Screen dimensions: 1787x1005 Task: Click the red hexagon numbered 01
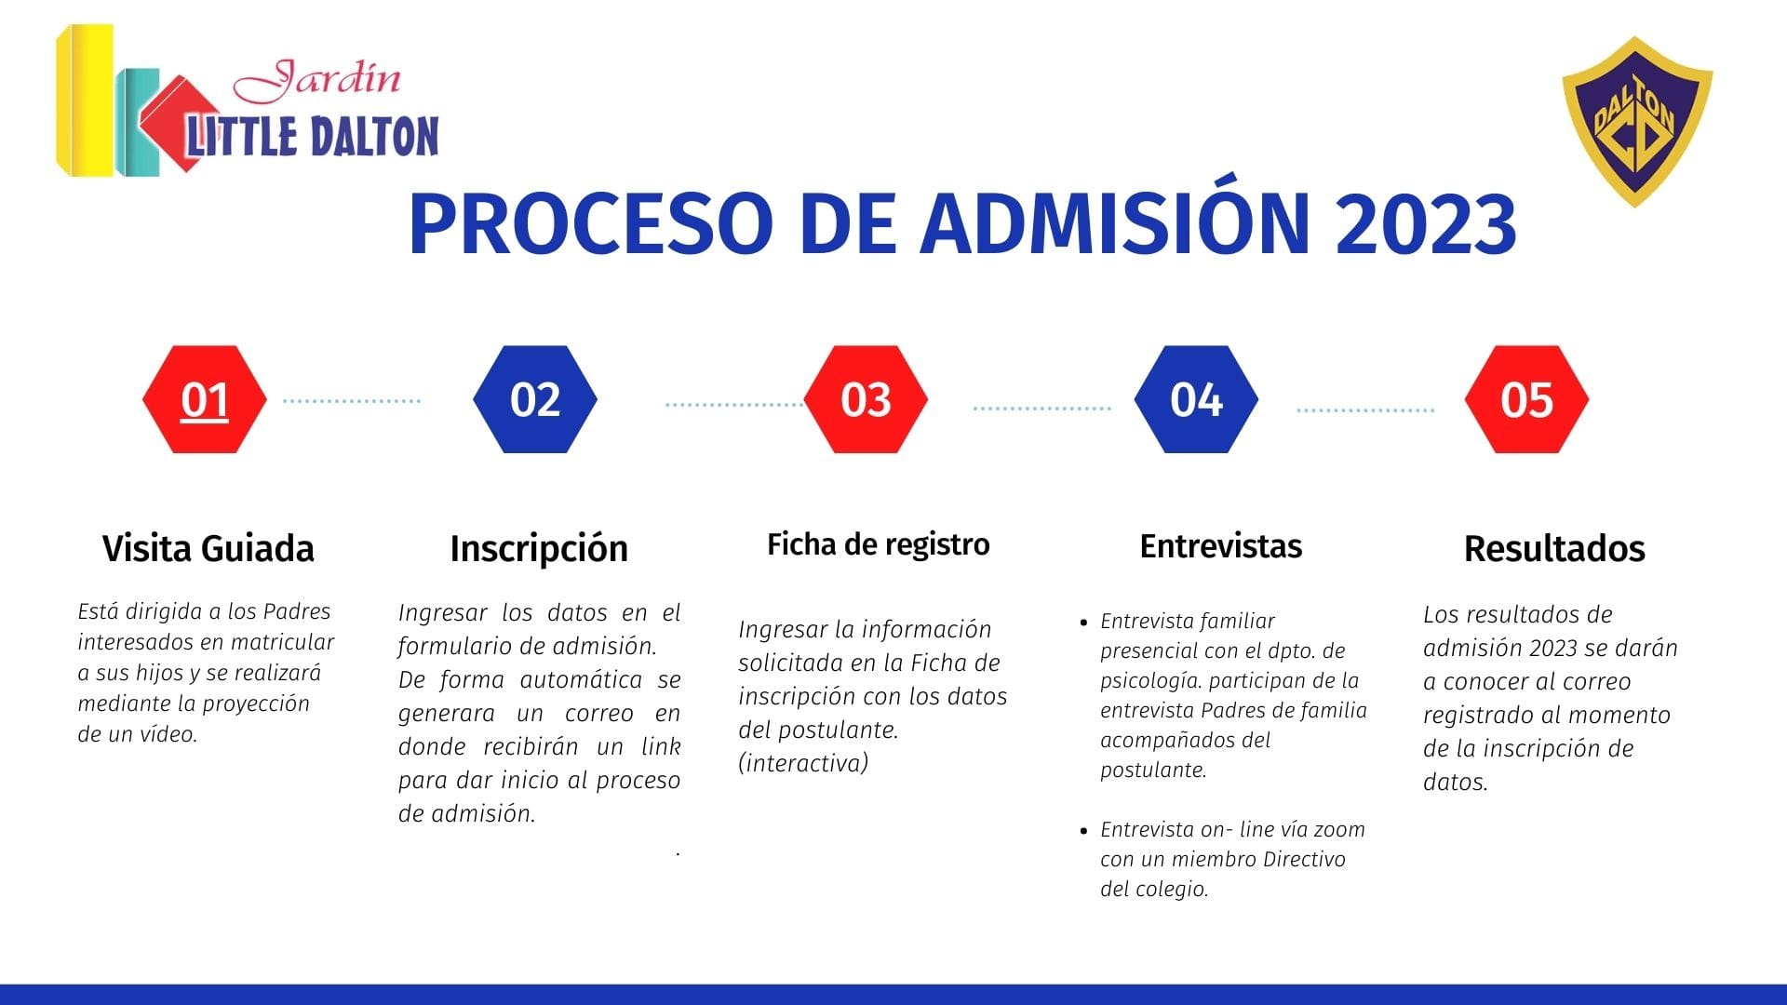point(205,399)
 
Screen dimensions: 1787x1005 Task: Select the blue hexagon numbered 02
point(535,399)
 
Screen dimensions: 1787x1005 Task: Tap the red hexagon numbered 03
point(866,399)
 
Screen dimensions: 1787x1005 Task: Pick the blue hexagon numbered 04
point(1196,399)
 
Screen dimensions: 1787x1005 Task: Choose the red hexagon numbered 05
point(1526,399)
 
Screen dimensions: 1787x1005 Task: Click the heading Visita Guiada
point(208,548)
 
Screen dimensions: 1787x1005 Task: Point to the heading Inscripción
point(539,549)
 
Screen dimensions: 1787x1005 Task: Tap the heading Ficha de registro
point(879,544)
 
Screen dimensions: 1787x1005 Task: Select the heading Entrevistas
point(1221,546)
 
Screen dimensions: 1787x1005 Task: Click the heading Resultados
point(1554,548)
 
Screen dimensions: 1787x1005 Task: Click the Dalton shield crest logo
point(1636,122)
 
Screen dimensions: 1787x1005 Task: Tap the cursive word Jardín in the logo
point(317,80)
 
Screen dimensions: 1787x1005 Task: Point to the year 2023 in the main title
point(1426,224)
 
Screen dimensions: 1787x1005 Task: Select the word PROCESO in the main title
point(591,224)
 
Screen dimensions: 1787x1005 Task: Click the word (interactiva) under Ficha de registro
point(803,763)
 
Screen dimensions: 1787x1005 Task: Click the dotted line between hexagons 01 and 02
point(352,401)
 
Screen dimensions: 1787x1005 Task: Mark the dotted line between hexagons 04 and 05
point(1365,409)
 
